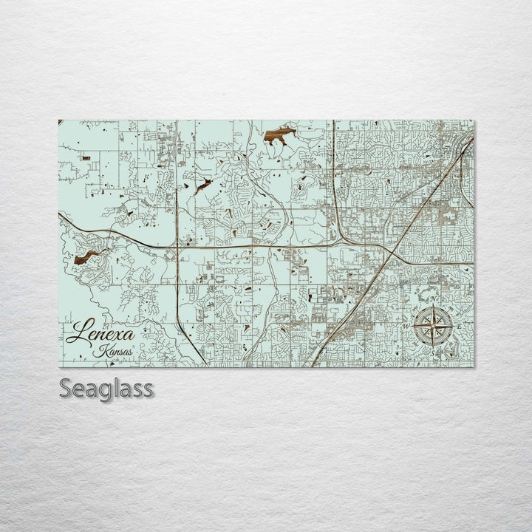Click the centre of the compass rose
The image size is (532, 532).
click(432, 325)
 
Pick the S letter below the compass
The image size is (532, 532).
click(433, 353)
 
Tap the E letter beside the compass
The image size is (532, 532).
click(459, 326)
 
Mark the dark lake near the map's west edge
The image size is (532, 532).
click(86, 256)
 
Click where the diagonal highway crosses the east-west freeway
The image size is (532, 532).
click(389, 250)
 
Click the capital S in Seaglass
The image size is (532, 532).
click(66, 388)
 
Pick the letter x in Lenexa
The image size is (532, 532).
click(109, 335)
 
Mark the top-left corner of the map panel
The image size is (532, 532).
click(59, 120)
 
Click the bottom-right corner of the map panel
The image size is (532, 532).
click(474, 366)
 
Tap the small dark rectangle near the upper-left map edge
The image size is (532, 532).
click(86, 157)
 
